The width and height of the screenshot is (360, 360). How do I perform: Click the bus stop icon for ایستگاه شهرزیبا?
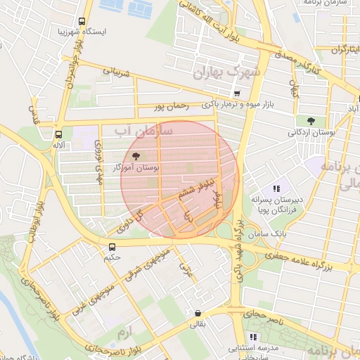(82, 21)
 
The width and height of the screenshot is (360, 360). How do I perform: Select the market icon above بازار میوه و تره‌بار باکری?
(237, 94)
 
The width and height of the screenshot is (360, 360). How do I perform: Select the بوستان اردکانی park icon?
(311, 121)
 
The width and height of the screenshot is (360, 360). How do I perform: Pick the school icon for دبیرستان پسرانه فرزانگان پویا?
(277, 188)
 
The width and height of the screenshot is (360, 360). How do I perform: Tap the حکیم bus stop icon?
(112, 246)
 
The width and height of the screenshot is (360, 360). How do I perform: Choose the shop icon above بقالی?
(198, 314)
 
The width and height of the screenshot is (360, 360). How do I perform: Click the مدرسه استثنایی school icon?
(252, 337)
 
